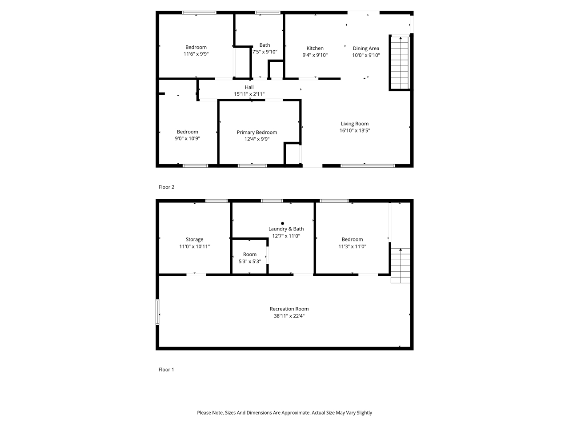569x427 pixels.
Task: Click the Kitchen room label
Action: coord(315,48)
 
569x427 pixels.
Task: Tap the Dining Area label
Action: coord(366,48)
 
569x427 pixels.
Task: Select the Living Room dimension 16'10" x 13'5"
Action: coord(355,131)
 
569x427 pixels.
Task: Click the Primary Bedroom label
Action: coord(257,132)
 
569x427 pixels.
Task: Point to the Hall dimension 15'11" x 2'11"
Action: coord(249,94)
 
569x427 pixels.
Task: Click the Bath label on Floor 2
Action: coord(264,45)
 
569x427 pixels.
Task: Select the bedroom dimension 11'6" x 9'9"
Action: coord(196,54)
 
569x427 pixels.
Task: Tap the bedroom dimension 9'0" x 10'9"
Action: coord(187,139)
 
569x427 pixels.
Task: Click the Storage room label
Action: coord(194,239)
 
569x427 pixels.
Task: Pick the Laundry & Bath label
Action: coord(286,229)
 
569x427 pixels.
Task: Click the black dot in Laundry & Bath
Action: coord(282,223)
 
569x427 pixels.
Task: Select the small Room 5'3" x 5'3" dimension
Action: coord(249,262)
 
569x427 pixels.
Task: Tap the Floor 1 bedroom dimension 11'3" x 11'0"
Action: coord(352,246)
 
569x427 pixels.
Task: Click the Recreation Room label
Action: coord(289,309)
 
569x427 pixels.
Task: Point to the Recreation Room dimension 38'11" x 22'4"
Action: coord(289,316)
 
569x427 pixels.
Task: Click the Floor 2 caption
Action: coord(166,187)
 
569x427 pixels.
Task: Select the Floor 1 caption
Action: coord(166,370)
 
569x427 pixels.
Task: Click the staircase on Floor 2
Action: coord(399,63)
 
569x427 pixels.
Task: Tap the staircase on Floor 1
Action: coord(401,266)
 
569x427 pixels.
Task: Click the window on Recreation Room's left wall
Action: coord(157,312)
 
